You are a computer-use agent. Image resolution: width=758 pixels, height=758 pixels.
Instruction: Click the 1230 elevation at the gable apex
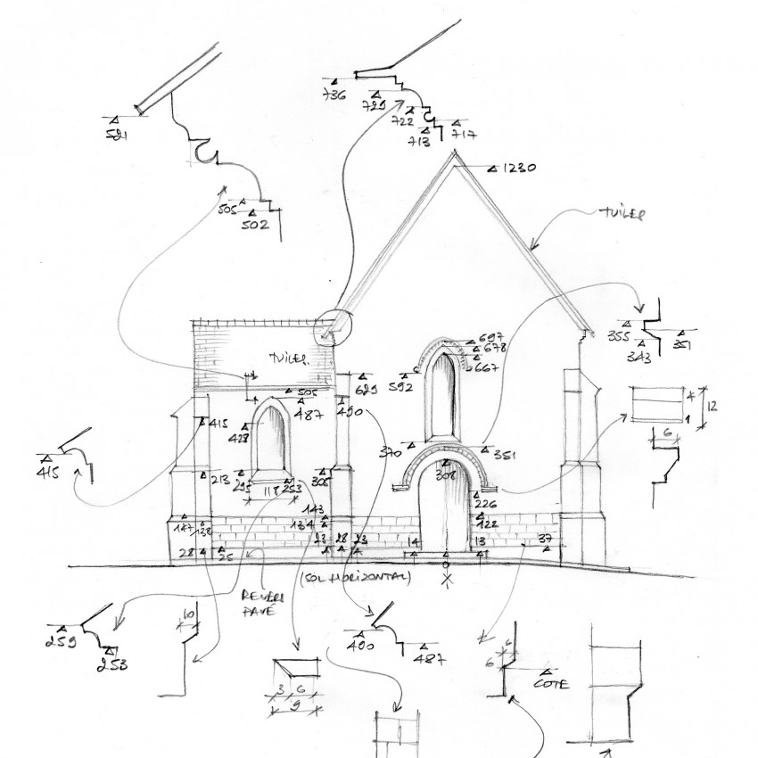(x=518, y=168)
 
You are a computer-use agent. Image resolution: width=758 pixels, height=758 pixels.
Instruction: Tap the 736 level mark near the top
(x=334, y=95)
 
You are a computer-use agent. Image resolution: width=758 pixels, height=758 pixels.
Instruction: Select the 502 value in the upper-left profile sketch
(x=254, y=226)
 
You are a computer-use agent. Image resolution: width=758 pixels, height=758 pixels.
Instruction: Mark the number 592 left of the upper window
(x=400, y=387)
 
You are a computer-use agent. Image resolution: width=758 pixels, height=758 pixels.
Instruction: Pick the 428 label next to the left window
(x=214, y=439)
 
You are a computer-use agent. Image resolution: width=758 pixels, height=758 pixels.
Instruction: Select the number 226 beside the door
(x=486, y=504)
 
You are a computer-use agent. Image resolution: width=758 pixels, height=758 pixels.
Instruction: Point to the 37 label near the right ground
(x=547, y=538)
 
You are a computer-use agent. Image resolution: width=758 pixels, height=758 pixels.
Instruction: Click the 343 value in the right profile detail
(x=639, y=358)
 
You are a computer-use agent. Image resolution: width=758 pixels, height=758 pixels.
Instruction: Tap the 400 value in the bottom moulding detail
(x=359, y=645)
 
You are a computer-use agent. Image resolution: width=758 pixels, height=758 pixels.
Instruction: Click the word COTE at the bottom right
(x=552, y=685)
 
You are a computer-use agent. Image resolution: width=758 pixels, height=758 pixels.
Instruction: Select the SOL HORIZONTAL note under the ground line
(x=356, y=578)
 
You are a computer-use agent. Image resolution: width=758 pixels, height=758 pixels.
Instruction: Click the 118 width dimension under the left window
(x=268, y=490)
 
